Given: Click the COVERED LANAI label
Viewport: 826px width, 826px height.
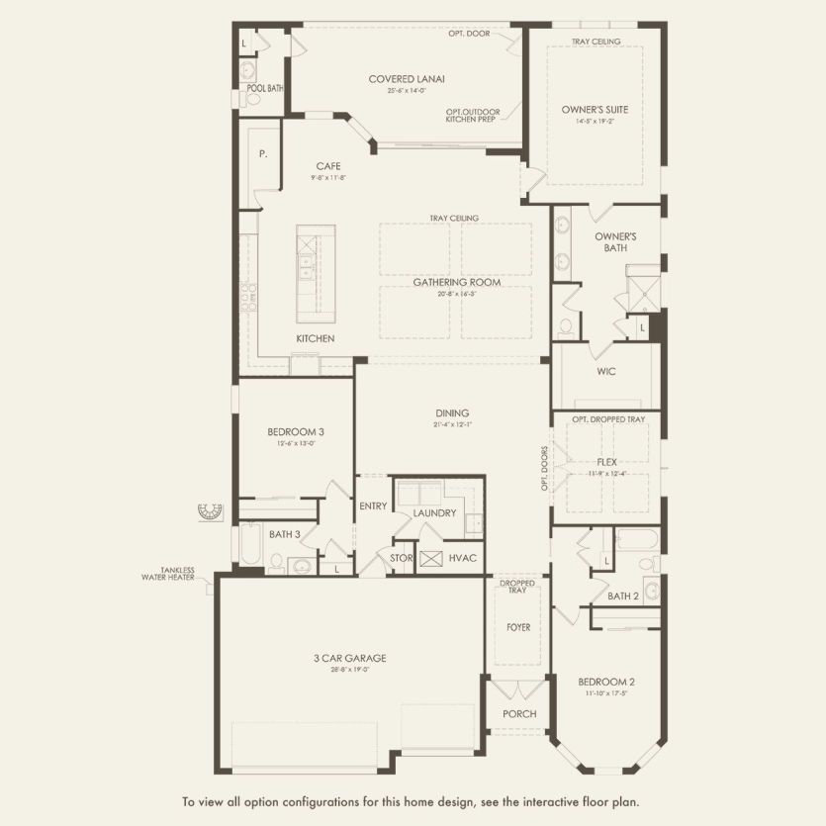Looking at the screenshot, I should tap(407, 79).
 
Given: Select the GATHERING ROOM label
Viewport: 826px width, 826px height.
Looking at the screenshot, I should tap(456, 282).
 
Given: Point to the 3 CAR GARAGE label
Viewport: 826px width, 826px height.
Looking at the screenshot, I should tap(351, 658).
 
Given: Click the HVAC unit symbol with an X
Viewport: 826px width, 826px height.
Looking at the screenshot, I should tap(430, 559).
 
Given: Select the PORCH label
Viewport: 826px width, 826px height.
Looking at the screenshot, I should tap(519, 713).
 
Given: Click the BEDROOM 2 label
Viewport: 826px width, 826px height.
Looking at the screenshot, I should tap(606, 682).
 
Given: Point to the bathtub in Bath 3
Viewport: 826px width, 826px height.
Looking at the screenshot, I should tap(251, 552).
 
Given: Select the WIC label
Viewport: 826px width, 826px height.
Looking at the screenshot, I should tap(606, 373).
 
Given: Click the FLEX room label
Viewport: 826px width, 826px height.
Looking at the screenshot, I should tap(607, 462).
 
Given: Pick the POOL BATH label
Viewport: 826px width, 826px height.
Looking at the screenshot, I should tap(265, 88).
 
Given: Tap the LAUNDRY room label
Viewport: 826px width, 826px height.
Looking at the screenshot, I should tap(434, 512).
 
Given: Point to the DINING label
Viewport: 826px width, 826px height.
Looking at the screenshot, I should tap(452, 413).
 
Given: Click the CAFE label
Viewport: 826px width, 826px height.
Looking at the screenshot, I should tap(328, 166).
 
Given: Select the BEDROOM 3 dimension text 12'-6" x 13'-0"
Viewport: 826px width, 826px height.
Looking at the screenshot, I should tap(295, 443).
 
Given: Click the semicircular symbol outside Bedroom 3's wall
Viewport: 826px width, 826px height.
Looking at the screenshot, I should tap(210, 510).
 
